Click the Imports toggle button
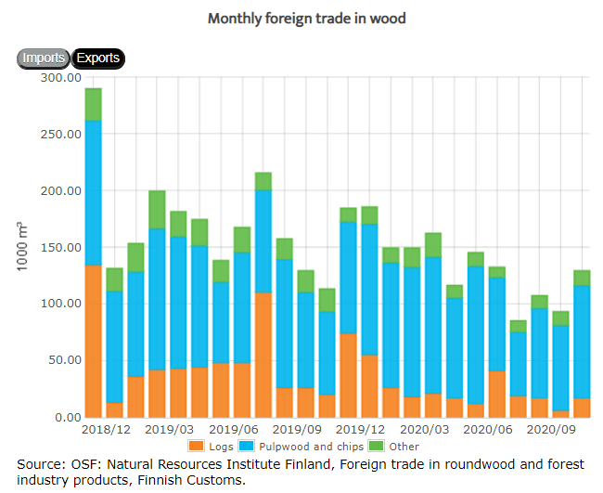(43, 58)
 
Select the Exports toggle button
(97, 58)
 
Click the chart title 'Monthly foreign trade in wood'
(306, 19)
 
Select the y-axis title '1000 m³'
(22, 247)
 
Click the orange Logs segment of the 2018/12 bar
(93, 341)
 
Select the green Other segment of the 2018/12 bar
(93, 104)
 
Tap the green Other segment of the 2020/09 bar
(561, 318)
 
